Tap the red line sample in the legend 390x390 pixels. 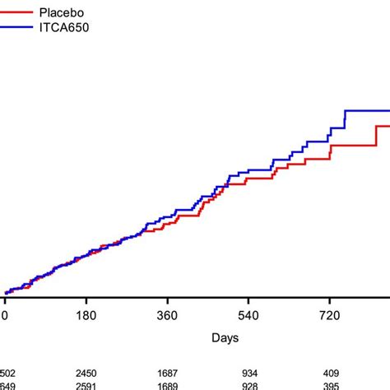click(18, 13)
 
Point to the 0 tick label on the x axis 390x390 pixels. click(5, 315)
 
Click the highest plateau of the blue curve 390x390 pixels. click(367, 110)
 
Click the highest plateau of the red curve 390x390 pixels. click(383, 126)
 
